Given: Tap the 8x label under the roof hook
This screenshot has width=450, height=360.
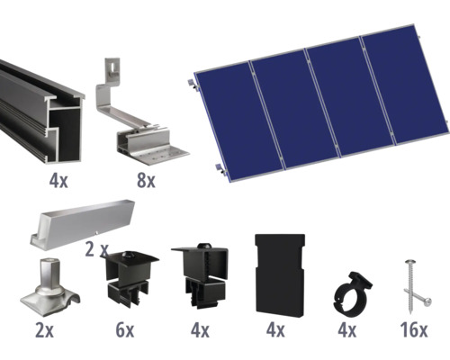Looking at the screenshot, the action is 146,181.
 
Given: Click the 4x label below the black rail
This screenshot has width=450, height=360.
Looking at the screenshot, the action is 58,181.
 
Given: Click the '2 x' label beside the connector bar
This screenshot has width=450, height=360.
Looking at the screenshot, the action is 96,249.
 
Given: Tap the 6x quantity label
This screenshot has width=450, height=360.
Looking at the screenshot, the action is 125,330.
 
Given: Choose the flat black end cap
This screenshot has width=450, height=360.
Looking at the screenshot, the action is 280,275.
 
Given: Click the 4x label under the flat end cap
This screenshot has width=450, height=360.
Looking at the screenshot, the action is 275,330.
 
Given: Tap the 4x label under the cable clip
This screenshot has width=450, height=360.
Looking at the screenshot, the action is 347,330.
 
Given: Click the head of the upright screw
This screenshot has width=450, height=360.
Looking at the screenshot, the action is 409,263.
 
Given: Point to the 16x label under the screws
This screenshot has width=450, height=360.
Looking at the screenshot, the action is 414,330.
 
